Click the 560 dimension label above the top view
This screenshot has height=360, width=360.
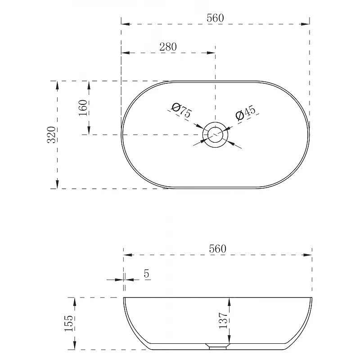215,18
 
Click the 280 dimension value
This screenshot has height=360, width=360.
168,47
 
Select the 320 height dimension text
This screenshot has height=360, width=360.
51,135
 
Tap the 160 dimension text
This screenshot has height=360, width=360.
83,108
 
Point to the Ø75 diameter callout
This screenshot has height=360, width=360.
181,110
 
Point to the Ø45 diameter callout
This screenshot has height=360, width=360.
245,112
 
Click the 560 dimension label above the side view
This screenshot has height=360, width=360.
218,249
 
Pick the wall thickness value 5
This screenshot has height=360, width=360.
147,274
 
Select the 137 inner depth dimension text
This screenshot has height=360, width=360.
223,320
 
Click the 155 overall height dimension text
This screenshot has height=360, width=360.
69,323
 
